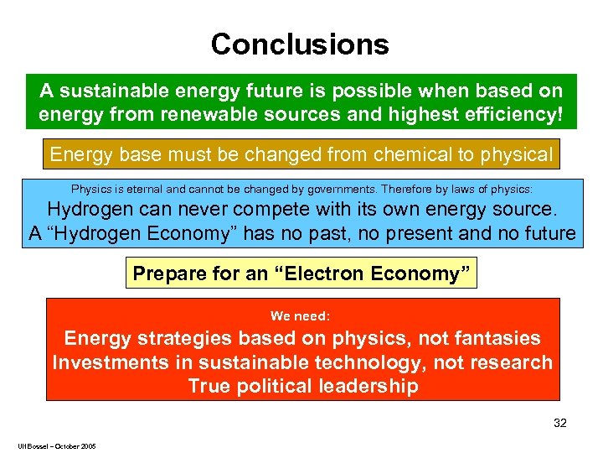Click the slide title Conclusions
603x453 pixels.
(300, 44)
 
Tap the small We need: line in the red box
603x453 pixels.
(301, 316)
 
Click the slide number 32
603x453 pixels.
(559, 424)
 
